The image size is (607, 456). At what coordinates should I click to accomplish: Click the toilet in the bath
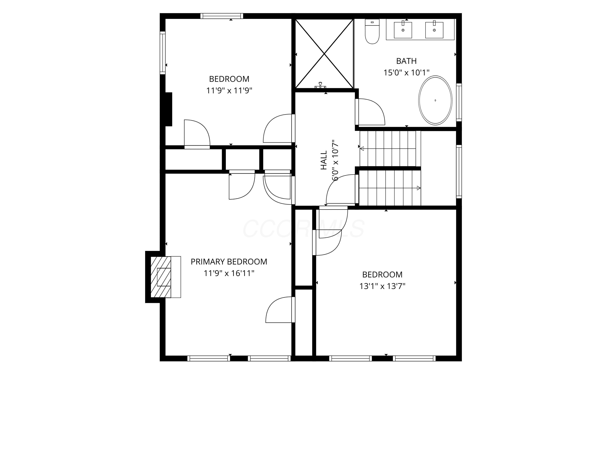[x=372, y=31]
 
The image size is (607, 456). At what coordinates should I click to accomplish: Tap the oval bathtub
[x=435, y=100]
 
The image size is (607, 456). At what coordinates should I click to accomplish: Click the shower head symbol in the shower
[x=320, y=86]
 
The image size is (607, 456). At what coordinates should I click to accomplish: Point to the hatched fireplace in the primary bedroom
[x=161, y=277]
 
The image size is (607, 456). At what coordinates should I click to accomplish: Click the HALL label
[x=324, y=160]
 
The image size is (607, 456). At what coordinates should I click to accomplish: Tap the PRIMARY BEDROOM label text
[x=229, y=262]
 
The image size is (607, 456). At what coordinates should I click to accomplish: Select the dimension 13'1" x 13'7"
[x=382, y=286]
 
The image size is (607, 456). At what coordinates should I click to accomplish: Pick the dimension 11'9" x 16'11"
[x=229, y=273]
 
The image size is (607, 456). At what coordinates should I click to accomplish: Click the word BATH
[x=406, y=61]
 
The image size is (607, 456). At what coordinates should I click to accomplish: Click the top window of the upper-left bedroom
[x=222, y=16]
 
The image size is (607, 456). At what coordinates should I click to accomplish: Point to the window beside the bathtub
[x=459, y=103]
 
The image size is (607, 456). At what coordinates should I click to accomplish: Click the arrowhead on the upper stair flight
[x=362, y=149]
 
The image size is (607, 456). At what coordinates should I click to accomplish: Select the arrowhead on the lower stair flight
[x=419, y=188]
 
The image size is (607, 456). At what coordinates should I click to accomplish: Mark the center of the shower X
[x=324, y=54]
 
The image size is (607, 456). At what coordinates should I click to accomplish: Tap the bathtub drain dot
[x=435, y=100]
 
